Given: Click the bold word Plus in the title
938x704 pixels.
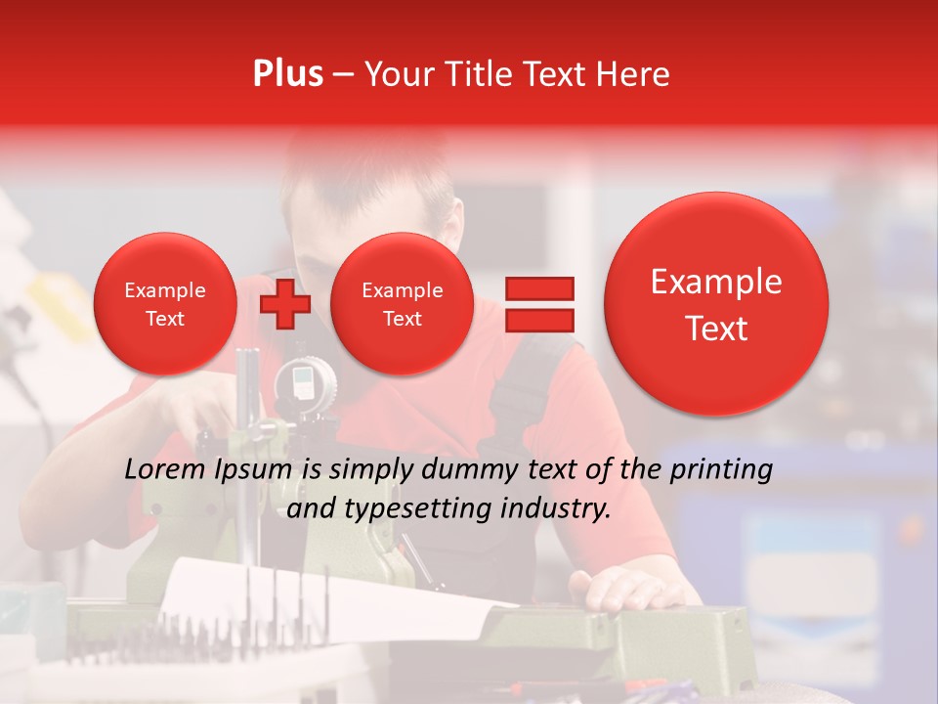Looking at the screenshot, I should (287, 73).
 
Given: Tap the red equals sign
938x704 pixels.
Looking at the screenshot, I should (538, 304).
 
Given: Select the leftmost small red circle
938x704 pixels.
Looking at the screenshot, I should (164, 304).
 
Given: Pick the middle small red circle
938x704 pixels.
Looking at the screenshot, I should (402, 304).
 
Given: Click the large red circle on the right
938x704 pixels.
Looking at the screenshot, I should (716, 304).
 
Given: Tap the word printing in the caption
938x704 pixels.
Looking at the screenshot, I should (721, 470).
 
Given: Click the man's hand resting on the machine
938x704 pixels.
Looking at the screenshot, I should (625, 591).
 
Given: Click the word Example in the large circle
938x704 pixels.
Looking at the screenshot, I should (716, 282).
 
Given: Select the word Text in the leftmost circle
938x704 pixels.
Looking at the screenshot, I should (164, 319).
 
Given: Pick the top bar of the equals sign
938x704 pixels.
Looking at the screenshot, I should (538, 288).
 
